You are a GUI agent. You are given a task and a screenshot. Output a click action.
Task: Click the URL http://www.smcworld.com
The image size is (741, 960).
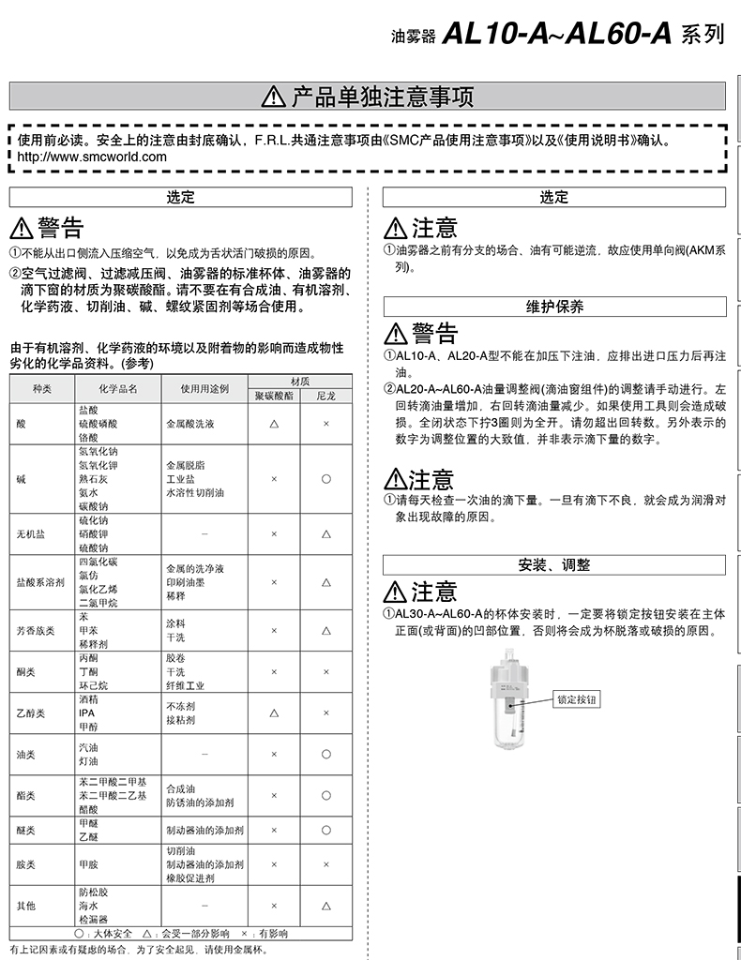pos(93,157)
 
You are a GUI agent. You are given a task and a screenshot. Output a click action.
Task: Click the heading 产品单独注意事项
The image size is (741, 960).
pos(383,97)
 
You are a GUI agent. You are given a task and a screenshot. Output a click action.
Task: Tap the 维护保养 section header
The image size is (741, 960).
pos(554,307)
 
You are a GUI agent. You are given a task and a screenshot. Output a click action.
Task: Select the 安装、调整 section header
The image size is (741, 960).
pos(554,564)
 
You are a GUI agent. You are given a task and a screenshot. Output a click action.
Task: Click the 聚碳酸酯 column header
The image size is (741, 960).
pos(274,397)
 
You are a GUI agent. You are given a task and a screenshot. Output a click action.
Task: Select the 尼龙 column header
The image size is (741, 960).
pos(325,397)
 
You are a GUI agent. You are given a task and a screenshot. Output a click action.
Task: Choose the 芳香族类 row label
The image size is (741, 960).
pos(36,631)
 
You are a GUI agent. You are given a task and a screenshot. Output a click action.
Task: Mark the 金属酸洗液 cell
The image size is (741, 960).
pos(190,424)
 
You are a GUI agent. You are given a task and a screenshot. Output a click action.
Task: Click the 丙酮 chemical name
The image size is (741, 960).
pos(87,658)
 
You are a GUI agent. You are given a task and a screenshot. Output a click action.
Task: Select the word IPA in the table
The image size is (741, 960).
pos(86,712)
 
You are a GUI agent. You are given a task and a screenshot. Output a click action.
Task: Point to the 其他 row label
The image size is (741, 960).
pos(26,907)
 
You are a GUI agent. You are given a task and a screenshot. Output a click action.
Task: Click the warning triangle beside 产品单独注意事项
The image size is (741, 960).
pos(273,97)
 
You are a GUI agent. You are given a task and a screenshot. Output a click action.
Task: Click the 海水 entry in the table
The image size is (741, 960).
pos(87,907)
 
